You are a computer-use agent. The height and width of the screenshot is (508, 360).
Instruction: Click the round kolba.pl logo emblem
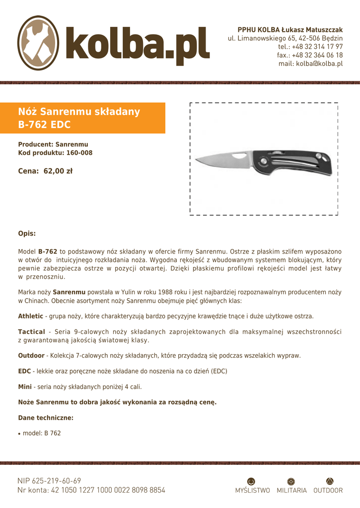tap(39, 40)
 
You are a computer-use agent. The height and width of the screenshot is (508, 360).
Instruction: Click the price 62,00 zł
tap(58, 172)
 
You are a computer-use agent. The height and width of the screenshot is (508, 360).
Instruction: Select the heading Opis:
tap(27, 233)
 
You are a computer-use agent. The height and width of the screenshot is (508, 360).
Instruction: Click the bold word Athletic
tap(30, 316)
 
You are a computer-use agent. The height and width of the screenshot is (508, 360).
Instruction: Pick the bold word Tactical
tap(31, 331)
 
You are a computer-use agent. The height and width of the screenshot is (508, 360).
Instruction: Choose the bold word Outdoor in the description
tap(31, 356)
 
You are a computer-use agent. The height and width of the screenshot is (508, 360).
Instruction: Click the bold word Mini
tap(25, 386)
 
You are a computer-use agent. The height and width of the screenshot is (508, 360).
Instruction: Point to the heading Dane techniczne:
tap(46, 418)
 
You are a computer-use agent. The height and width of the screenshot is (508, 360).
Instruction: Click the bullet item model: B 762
tap(42, 433)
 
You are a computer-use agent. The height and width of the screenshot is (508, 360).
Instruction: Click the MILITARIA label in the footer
tap(291, 491)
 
